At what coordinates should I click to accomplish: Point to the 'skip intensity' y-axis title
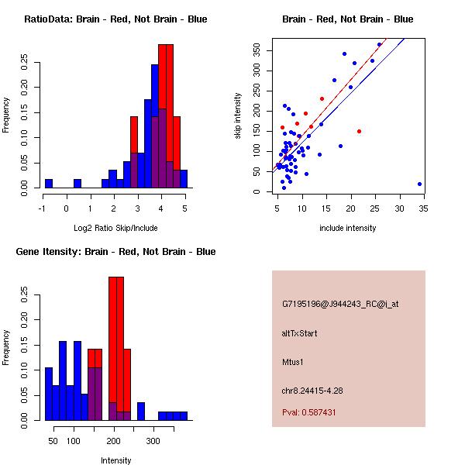click(x=239, y=116)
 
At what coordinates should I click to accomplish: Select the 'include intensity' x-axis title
click(x=348, y=228)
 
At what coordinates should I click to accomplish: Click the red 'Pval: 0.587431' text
click(x=320, y=412)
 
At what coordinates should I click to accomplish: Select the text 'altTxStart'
click(x=300, y=333)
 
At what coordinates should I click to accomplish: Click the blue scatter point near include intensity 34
click(x=419, y=184)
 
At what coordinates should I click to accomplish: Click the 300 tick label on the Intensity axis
click(x=153, y=441)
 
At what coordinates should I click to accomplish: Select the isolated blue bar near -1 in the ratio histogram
click(x=49, y=183)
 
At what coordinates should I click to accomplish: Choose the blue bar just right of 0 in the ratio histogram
click(x=77, y=183)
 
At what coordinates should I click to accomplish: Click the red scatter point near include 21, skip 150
click(x=359, y=132)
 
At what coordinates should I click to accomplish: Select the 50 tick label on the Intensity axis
click(x=53, y=441)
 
